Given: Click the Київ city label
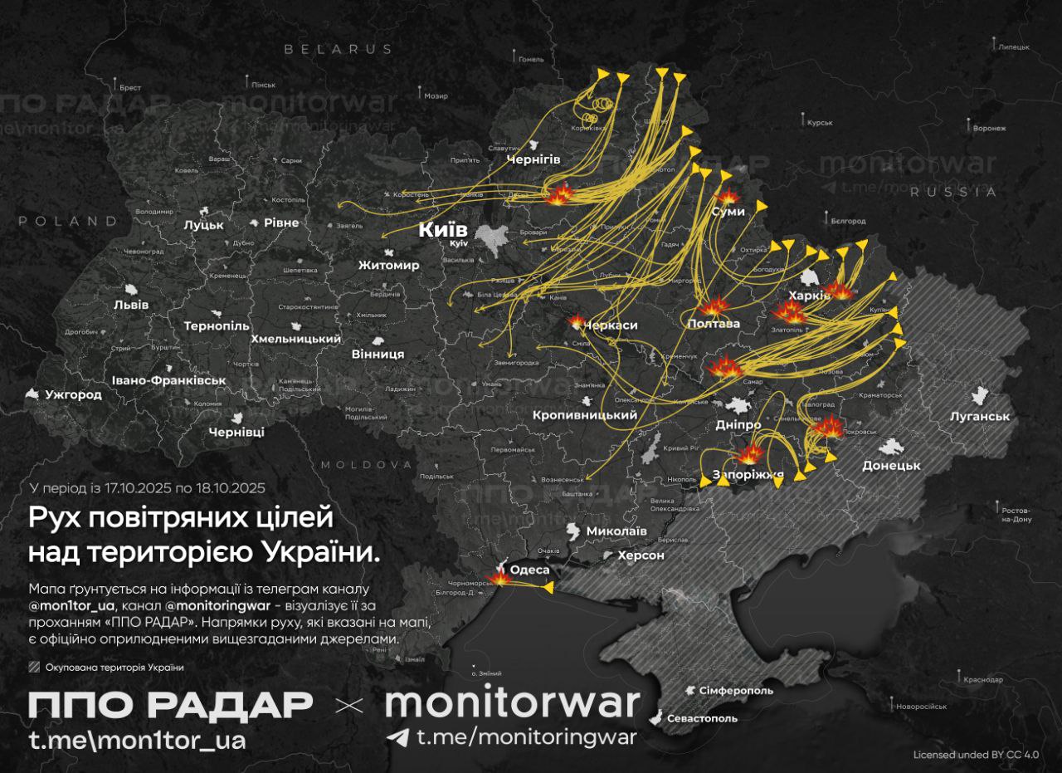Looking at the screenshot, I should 443,230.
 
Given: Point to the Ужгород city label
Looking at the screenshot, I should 74,394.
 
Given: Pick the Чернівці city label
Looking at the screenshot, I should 236,433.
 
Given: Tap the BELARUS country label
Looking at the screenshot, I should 339,50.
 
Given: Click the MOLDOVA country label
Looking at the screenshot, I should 366,464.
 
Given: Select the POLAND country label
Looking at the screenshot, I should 69,222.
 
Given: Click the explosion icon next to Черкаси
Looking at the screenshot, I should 576,321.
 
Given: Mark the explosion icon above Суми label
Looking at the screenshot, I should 728,197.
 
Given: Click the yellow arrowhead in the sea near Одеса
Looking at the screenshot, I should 548,588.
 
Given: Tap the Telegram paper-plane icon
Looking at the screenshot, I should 398,737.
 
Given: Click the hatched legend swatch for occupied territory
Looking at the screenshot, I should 34,667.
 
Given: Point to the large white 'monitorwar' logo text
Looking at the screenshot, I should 512,702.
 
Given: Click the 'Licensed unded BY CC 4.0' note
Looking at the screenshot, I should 976,755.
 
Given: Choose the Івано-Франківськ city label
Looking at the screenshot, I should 171,380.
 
